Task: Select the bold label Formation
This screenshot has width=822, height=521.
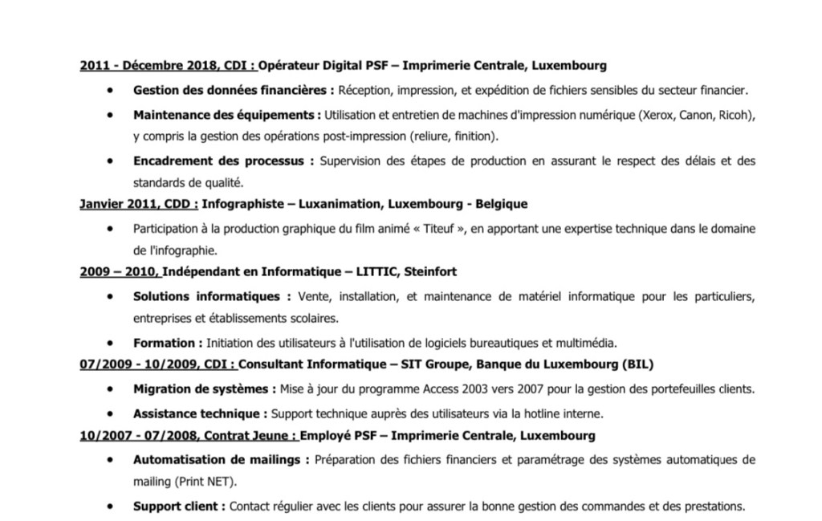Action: [x=163, y=343]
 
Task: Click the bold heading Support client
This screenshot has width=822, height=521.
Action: [x=178, y=507]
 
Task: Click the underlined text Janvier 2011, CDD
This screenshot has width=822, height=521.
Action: [x=138, y=204]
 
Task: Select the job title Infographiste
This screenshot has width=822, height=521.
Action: [x=238, y=204]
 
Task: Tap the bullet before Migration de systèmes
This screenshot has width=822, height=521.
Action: [x=109, y=389]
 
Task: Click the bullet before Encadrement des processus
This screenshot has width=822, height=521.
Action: [x=109, y=161]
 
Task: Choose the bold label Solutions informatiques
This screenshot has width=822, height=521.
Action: [x=206, y=298]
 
